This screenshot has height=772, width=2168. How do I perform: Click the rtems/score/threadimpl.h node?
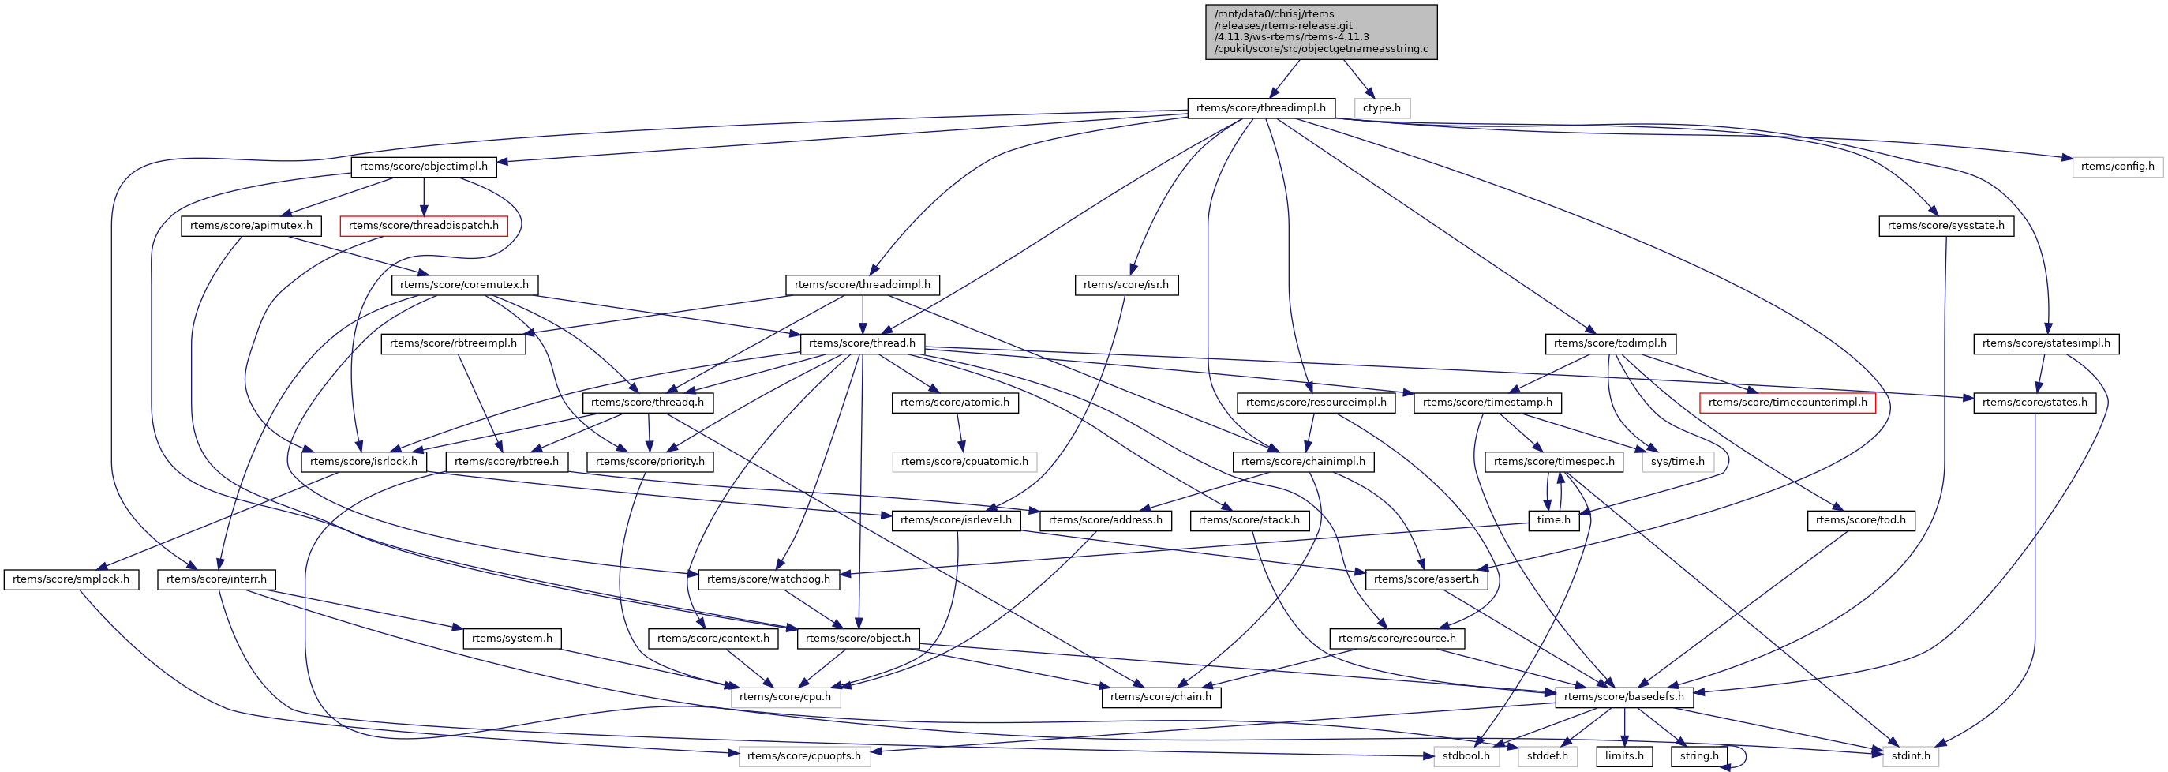[1260, 108]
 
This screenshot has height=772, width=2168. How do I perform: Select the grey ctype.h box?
[1381, 108]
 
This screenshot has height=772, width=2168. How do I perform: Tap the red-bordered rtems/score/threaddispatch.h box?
[423, 226]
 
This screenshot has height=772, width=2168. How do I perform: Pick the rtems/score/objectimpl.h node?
[423, 167]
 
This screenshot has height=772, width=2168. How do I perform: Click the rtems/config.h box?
[2117, 167]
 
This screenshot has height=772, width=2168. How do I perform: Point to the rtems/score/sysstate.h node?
[1945, 226]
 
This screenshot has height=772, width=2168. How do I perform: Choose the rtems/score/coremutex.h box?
[464, 284]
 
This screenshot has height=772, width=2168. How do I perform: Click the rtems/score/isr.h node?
[1125, 284]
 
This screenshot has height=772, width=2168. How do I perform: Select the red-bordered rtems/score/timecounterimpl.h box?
[1787, 403]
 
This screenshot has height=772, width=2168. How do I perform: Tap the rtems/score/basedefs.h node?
[1623, 696]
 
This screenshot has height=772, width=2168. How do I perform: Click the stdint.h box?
[1910, 755]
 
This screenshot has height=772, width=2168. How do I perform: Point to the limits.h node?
[1623, 755]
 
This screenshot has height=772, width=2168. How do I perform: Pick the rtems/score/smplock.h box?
[71, 579]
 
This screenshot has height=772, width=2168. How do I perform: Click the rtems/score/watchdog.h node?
[768, 579]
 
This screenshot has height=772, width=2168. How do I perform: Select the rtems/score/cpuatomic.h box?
[964, 461]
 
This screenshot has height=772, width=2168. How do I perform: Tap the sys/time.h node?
[1676, 461]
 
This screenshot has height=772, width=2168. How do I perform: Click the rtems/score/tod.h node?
[1860, 520]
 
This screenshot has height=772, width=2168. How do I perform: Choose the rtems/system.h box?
[511, 638]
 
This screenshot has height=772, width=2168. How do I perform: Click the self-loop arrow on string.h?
[1743, 757]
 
